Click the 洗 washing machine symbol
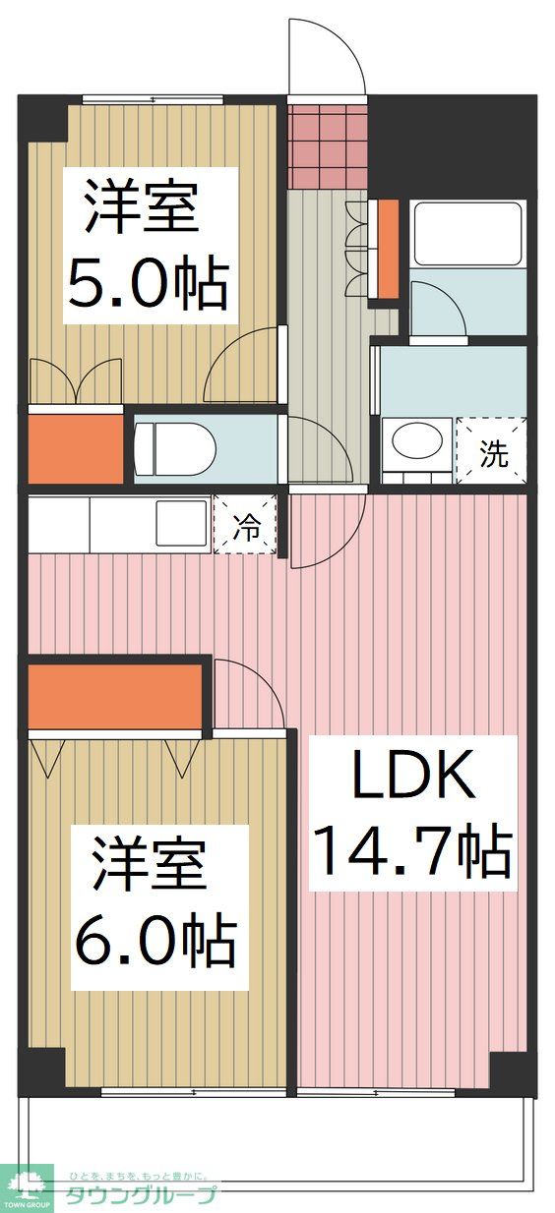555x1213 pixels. click(494, 453)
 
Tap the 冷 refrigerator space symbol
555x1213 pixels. click(246, 529)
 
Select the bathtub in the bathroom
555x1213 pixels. click(467, 234)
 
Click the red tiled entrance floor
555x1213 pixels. click(327, 142)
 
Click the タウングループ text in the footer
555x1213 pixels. click(138, 1196)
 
